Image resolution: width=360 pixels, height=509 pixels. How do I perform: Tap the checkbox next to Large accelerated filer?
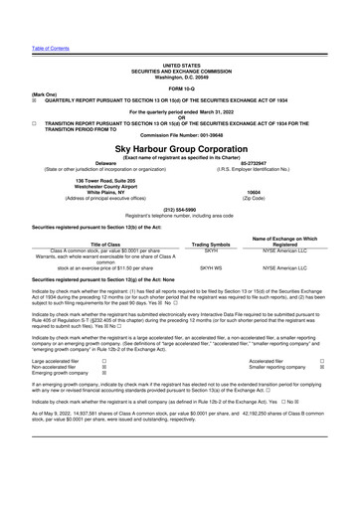point(104,390)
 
